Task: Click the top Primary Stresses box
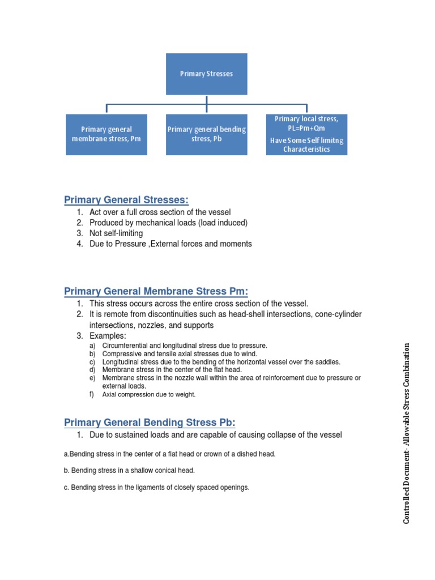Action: tap(206, 74)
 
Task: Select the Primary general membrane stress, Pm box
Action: tap(106, 134)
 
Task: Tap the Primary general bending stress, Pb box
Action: tap(206, 134)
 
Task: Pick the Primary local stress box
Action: tap(306, 134)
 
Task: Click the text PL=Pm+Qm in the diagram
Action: tap(306, 128)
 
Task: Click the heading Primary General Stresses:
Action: tap(126, 199)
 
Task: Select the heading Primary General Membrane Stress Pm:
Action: tap(156, 291)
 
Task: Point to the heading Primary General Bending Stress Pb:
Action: tap(150, 422)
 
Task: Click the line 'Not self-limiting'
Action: tap(116, 233)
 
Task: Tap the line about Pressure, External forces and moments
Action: tap(170, 244)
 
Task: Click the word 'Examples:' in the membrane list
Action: tap(108, 336)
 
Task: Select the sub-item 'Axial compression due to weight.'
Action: tap(148, 394)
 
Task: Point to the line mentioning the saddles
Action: tap(221, 361)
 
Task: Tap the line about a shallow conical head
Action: tap(129, 470)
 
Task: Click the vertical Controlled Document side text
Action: tap(407, 433)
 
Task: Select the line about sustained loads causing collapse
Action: tap(216, 435)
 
